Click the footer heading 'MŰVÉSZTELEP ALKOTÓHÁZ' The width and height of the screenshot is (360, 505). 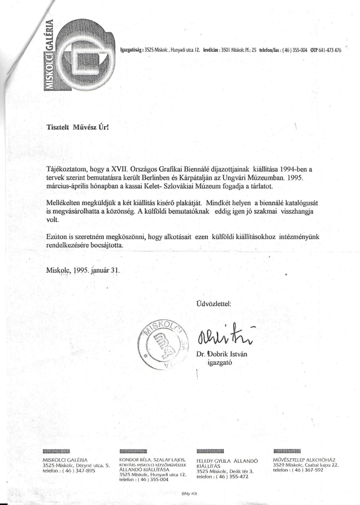click(x=306, y=460)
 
